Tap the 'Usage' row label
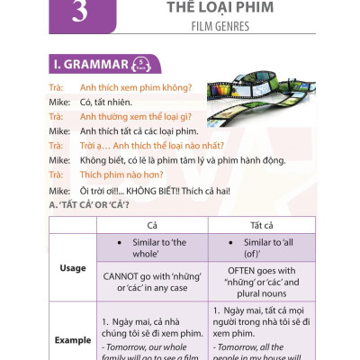tap(72, 267)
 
